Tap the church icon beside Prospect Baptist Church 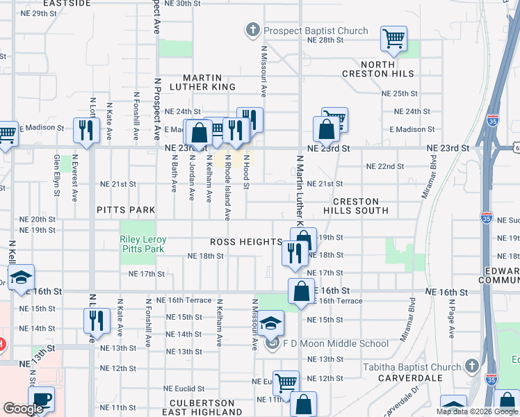[252, 30]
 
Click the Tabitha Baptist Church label [412, 367]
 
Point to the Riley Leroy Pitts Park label [144, 244]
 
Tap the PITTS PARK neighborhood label [125, 209]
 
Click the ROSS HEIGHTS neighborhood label [246, 242]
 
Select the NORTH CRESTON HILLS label [378, 68]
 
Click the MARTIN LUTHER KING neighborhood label [209, 82]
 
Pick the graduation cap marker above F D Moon [271, 322]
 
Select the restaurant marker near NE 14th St [96, 320]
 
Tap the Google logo [23, 409]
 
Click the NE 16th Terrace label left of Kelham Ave [184, 300]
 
